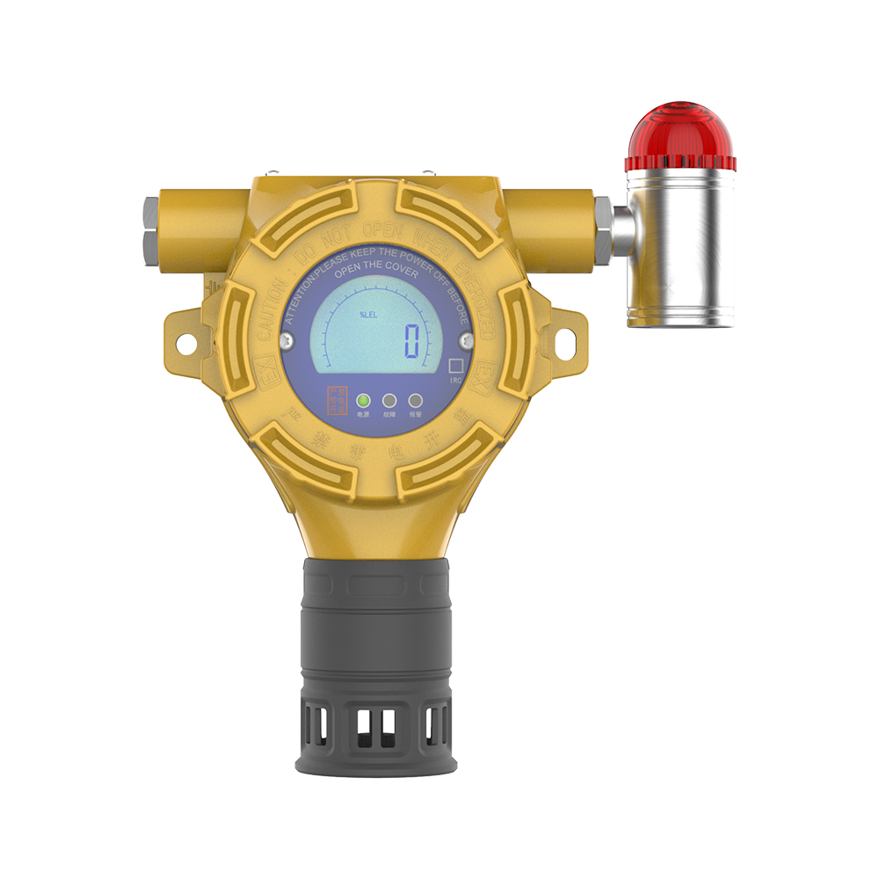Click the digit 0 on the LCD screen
point(411,340)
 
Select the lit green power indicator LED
point(363,401)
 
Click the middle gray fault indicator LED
point(389,401)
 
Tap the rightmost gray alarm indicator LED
point(416,401)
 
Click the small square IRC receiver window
point(455,365)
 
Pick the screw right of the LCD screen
point(465,336)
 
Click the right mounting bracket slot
point(556,343)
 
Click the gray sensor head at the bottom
point(374,668)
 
